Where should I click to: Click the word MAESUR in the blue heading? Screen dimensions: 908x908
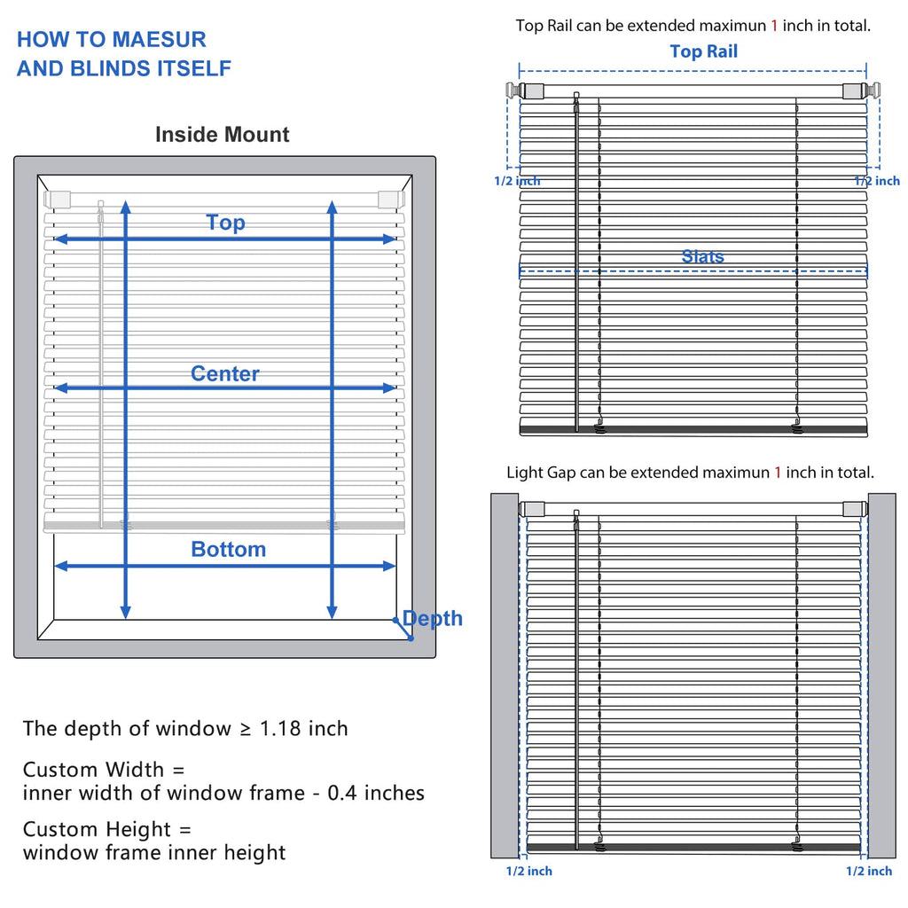(159, 39)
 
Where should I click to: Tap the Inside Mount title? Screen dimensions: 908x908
(223, 135)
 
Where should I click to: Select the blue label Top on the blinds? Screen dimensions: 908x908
(226, 223)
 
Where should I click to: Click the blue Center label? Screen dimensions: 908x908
(224, 373)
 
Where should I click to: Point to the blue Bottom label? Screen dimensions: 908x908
(229, 549)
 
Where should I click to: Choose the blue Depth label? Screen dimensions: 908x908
(433, 618)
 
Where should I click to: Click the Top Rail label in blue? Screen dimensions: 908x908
(703, 51)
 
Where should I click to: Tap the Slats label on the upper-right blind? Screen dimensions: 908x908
(702, 256)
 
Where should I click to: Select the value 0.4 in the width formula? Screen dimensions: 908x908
(341, 793)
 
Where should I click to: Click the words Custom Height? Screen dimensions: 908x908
(97, 829)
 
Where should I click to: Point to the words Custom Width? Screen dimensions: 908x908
(93, 770)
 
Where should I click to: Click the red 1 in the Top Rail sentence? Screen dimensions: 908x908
(774, 26)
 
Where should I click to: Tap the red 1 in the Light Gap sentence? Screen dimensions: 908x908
(778, 473)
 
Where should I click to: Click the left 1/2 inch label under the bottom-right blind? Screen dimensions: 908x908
(528, 871)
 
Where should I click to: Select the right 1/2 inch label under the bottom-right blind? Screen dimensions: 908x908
(869, 871)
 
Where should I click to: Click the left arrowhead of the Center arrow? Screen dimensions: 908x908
(60, 388)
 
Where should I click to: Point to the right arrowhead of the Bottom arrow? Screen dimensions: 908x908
(389, 566)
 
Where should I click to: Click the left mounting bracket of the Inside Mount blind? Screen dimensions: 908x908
(57, 200)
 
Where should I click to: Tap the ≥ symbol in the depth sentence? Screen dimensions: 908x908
(246, 729)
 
